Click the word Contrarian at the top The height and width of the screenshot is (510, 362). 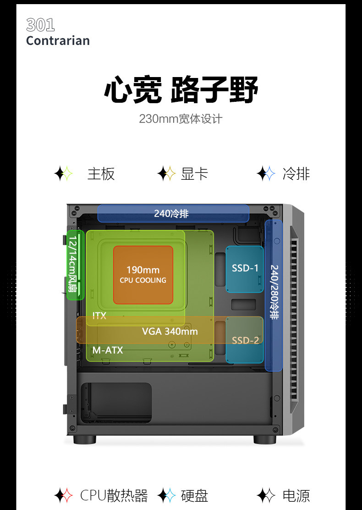(58, 41)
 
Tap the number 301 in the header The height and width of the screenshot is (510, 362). (40, 25)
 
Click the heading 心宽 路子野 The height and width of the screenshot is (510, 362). (181, 89)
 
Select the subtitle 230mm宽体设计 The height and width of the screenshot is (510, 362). (181, 119)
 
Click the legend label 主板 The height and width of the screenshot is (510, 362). (101, 174)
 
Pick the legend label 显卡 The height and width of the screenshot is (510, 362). (194, 174)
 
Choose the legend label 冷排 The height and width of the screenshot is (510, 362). (296, 174)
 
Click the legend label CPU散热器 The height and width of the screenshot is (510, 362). (114, 495)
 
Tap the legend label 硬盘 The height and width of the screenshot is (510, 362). (194, 495)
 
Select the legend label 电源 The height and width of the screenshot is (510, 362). (296, 495)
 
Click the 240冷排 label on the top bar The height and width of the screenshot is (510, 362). (171, 213)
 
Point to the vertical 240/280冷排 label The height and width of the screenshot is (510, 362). (274, 292)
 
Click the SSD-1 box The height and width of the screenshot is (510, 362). (245, 269)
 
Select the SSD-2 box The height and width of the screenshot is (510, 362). (245, 340)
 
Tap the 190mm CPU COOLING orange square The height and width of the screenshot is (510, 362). (143, 274)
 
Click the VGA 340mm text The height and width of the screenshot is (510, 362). (170, 331)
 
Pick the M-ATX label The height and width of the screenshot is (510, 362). (108, 350)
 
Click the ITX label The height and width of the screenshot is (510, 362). (99, 316)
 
